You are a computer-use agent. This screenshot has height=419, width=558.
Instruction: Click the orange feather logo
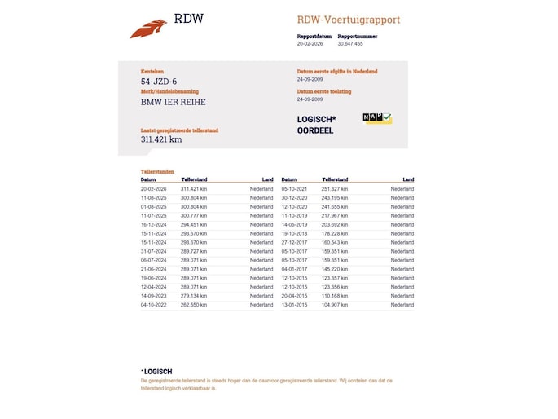click(148, 29)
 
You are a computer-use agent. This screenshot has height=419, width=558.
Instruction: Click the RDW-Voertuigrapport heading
click(349, 20)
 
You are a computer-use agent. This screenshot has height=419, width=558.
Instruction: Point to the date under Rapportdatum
click(310, 44)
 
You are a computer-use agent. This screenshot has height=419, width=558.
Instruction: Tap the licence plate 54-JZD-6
click(159, 82)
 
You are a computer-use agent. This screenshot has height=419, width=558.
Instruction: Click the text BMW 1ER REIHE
click(174, 102)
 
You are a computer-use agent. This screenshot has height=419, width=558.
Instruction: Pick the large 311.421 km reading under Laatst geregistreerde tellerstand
click(161, 139)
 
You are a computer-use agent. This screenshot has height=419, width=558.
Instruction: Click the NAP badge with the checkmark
click(377, 119)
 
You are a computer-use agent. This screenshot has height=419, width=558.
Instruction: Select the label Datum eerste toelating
click(324, 91)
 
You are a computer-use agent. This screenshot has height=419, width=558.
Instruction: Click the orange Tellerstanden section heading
click(157, 172)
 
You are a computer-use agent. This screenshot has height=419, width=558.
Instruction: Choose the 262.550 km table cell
click(194, 305)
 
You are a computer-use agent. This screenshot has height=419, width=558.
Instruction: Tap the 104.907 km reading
click(335, 305)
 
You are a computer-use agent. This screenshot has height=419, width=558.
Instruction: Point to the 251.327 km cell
click(335, 189)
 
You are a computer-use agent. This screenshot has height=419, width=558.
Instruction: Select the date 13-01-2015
click(294, 305)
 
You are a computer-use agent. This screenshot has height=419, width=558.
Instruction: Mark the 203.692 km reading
click(335, 224)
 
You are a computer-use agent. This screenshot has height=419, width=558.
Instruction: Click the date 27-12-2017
click(294, 242)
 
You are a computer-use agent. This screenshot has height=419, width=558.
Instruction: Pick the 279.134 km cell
click(194, 296)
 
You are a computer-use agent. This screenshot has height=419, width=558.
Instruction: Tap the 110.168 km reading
click(335, 296)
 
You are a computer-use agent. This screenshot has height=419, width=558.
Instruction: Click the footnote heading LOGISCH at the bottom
click(157, 372)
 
